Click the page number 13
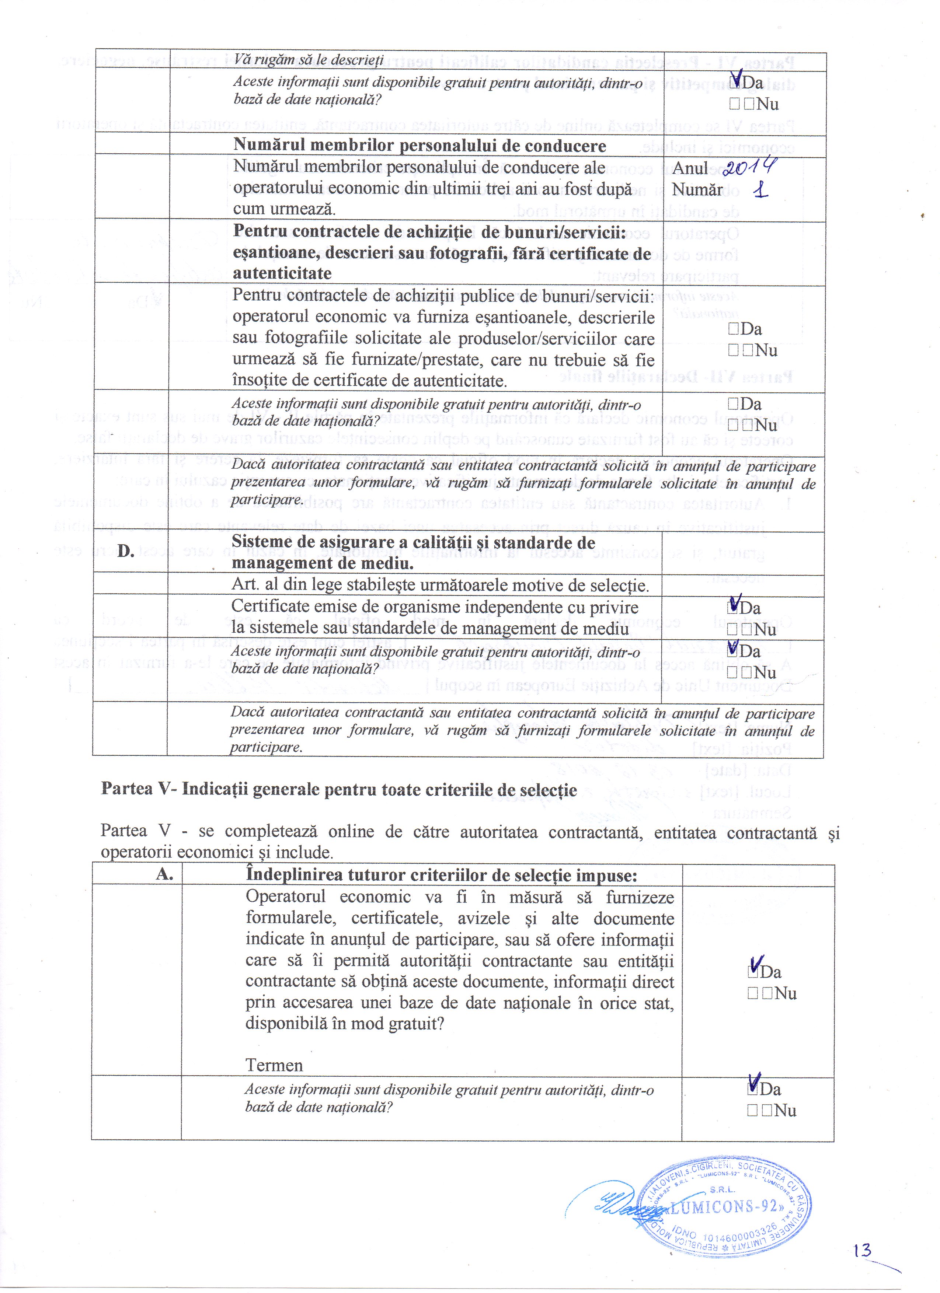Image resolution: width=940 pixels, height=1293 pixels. pyautogui.click(x=863, y=1250)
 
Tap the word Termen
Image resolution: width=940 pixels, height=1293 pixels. pyautogui.click(x=274, y=1065)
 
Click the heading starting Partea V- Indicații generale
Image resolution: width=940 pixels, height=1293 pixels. pyautogui.click(x=339, y=790)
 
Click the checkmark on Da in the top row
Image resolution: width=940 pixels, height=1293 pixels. pyautogui.click(x=737, y=79)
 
